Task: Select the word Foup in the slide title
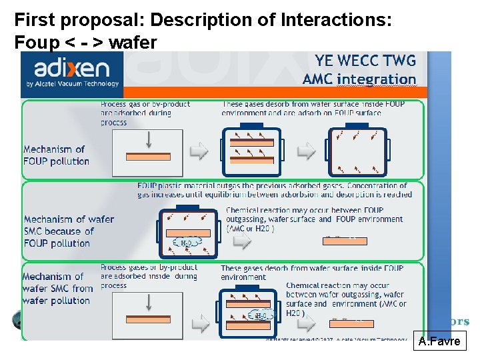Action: point(33,43)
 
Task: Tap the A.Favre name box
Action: point(439,342)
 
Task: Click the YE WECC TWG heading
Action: point(365,61)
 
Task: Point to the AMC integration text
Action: point(359,79)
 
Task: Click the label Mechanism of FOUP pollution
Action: point(56,155)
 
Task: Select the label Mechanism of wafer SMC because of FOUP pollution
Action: point(69,231)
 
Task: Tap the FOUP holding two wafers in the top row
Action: point(251,151)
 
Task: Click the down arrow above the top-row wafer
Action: point(148,139)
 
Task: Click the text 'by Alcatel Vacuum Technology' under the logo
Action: point(72,84)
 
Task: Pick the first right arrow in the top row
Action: point(199,152)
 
